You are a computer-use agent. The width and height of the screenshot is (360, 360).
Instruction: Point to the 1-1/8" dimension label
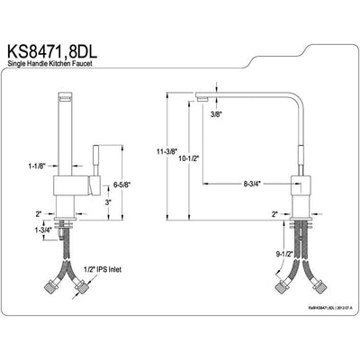38,165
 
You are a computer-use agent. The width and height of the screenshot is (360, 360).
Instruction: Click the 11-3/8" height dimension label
176,153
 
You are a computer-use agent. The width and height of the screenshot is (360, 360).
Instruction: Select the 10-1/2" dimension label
213,158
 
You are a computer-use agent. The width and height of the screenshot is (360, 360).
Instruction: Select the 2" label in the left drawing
39,215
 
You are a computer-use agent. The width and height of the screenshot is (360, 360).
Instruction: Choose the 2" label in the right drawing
274,214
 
